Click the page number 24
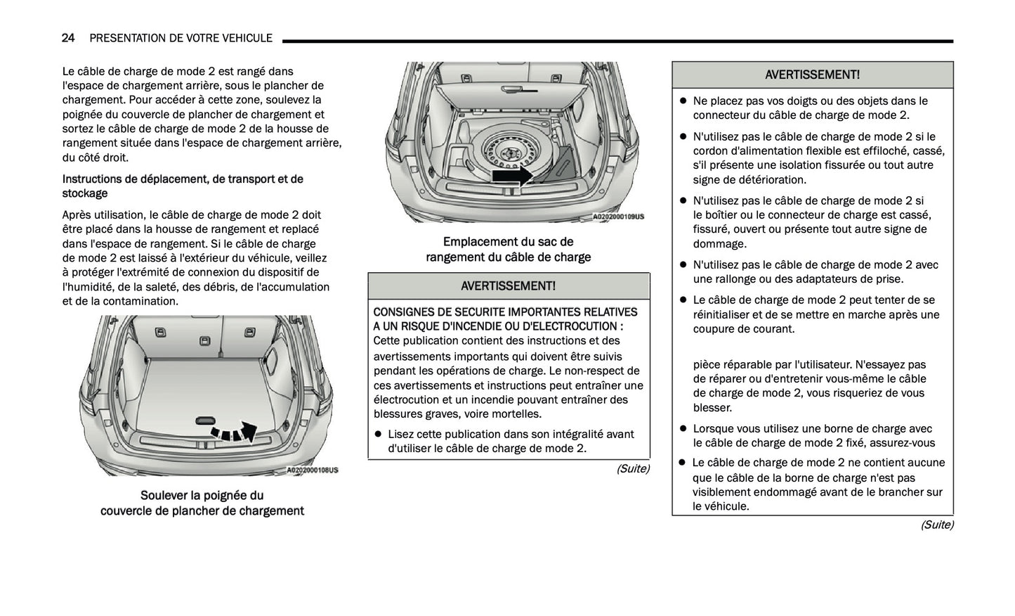click(68, 38)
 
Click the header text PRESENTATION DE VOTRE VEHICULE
click(181, 38)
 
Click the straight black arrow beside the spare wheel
click(511, 175)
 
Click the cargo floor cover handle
click(202, 420)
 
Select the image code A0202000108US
click(312, 470)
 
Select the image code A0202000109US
click(618, 217)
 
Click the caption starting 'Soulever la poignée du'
click(202, 496)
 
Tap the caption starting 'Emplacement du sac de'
click(508, 242)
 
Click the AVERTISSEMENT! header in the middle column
click(508, 285)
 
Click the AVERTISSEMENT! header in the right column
click(812, 75)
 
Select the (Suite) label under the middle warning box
click(632, 468)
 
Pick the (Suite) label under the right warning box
click(936, 525)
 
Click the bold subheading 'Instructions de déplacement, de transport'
click(183, 179)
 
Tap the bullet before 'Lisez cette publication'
click(378, 435)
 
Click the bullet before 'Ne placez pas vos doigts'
click(682, 101)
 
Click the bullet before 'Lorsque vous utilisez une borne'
click(682, 429)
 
